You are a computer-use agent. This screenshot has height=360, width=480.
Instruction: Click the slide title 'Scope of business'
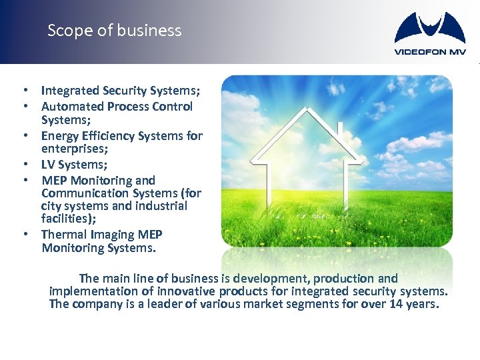click(x=114, y=31)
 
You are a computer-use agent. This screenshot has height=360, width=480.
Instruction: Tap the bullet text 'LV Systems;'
click(x=75, y=164)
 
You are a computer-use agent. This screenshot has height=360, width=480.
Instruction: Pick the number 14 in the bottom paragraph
click(x=415, y=305)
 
